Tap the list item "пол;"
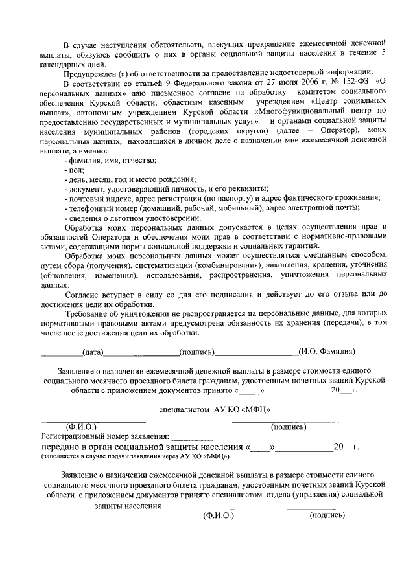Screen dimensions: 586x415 click(75, 170)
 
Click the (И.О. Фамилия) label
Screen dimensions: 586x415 click(326, 352)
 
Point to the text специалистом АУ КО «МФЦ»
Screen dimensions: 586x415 click(215, 409)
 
